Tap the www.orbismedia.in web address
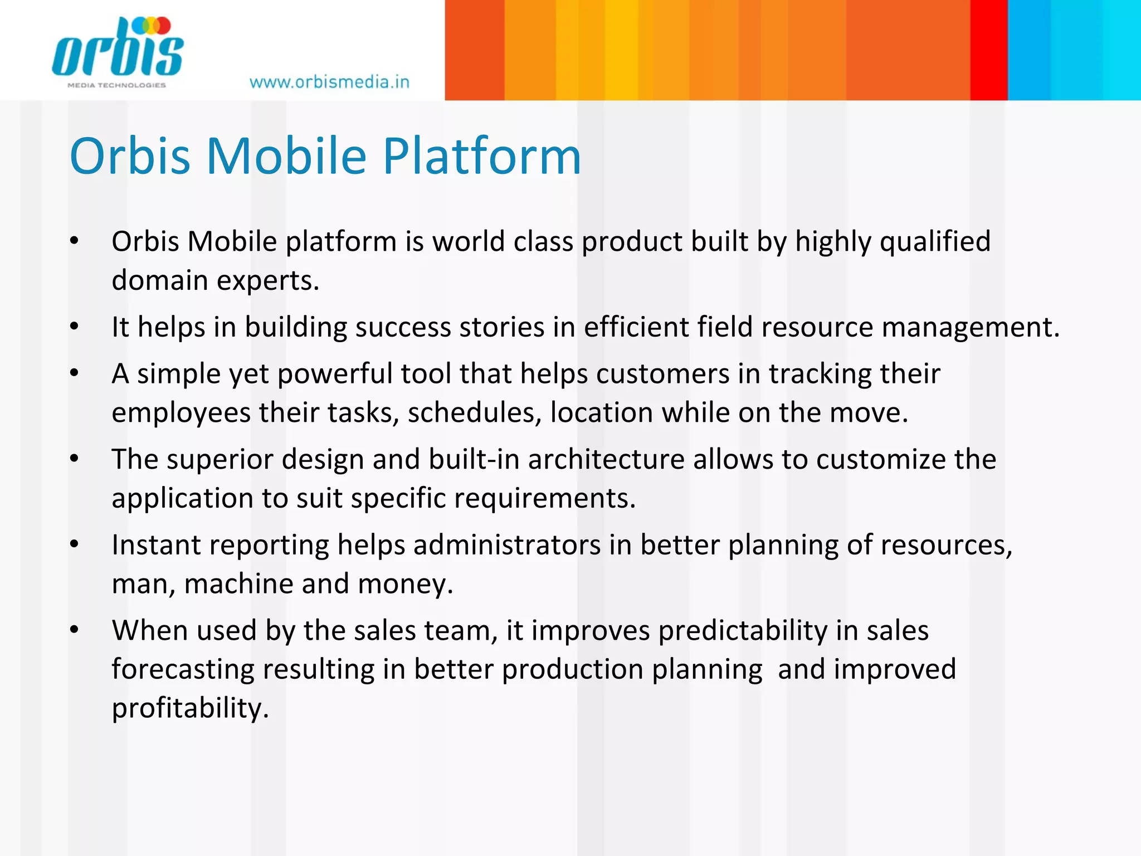tap(329, 82)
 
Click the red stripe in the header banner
tap(988, 50)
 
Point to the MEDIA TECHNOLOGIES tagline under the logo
tap(116, 85)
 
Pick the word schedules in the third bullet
tap(474, 413)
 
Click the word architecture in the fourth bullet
tap(606, 460)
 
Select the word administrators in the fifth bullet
tap(506, 545)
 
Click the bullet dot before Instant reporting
tap(75, 544)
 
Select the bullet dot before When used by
tap(75, 630)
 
